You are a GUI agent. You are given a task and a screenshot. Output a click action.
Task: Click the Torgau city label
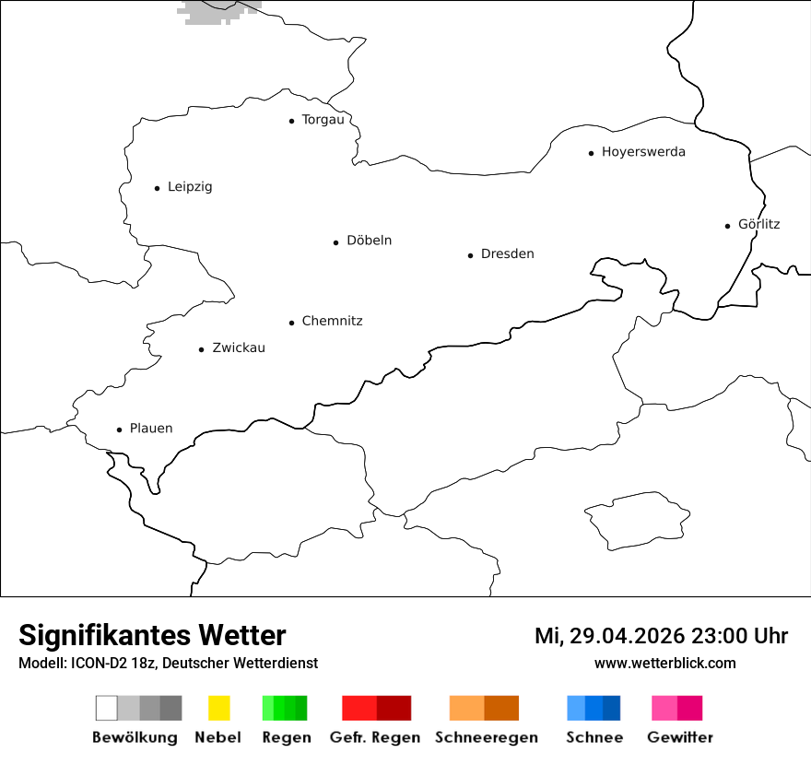point(323,120)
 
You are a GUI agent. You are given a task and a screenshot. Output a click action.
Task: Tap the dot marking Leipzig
point(157,188)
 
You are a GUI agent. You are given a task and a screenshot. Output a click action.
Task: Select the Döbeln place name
point(369,241)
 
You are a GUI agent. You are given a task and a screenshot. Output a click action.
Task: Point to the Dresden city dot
point(470,255)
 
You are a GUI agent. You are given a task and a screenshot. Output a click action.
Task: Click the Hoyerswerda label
point(643,152)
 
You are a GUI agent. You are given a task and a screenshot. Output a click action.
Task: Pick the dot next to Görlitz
point(728,225)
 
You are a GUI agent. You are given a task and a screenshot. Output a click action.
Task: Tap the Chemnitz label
point(332,321)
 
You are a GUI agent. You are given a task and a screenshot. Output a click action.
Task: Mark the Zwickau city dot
point(202,349)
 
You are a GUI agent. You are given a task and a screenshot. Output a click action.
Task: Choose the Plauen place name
point(151,429)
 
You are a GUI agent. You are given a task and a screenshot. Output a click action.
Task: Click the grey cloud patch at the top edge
point(217,11)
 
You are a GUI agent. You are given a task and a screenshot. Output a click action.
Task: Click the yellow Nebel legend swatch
point(219,708)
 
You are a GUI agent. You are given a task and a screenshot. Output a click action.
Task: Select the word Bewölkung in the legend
point(135,737)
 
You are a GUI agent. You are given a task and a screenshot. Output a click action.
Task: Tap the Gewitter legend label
point(680,737)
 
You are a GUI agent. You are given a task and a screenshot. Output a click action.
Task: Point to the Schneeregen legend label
point(487,737)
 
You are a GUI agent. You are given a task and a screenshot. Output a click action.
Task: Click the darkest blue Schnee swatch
point(612,708)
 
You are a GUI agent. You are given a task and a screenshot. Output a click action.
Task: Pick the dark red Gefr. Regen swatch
point(394,708)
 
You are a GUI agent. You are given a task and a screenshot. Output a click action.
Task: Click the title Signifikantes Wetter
point(152,635)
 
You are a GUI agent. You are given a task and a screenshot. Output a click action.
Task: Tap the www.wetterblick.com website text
point(664,663)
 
